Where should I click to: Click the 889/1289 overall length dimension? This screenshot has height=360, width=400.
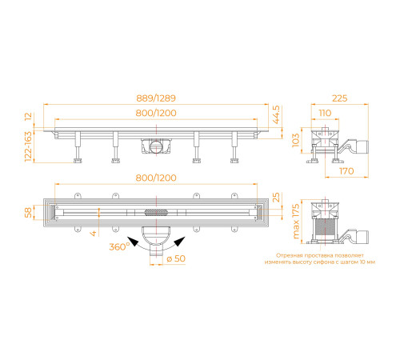coord(156,98)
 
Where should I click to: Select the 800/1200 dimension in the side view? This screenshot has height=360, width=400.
coord(156,113)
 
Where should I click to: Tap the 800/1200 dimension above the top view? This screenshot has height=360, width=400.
coord(156,178)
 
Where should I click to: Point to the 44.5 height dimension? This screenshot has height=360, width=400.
coord(276,114)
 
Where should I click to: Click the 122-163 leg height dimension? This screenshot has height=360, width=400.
coord(28,146)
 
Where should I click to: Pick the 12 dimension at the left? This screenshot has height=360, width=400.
coord(28,117)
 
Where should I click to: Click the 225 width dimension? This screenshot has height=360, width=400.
coord(340,98)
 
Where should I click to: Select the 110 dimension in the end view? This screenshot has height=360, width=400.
coord(325,113)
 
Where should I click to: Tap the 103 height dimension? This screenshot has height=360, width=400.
coord(296,140)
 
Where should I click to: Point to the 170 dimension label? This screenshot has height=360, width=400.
coord(346,171)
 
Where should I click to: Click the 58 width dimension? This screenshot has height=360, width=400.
coord(28,213)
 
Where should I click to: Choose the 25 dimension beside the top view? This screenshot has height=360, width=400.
coord(276,198)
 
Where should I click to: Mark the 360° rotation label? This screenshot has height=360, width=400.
coord(119,246)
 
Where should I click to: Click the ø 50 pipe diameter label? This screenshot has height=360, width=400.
coord(176,258)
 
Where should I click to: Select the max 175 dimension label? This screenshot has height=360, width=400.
coord(296,222)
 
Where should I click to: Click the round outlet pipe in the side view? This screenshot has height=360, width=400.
coord(156,146)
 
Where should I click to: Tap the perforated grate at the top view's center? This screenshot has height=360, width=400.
coord(157,213)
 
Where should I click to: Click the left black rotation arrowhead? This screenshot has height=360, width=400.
coord(133,242)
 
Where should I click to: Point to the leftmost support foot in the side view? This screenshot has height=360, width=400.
coord(78,161)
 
